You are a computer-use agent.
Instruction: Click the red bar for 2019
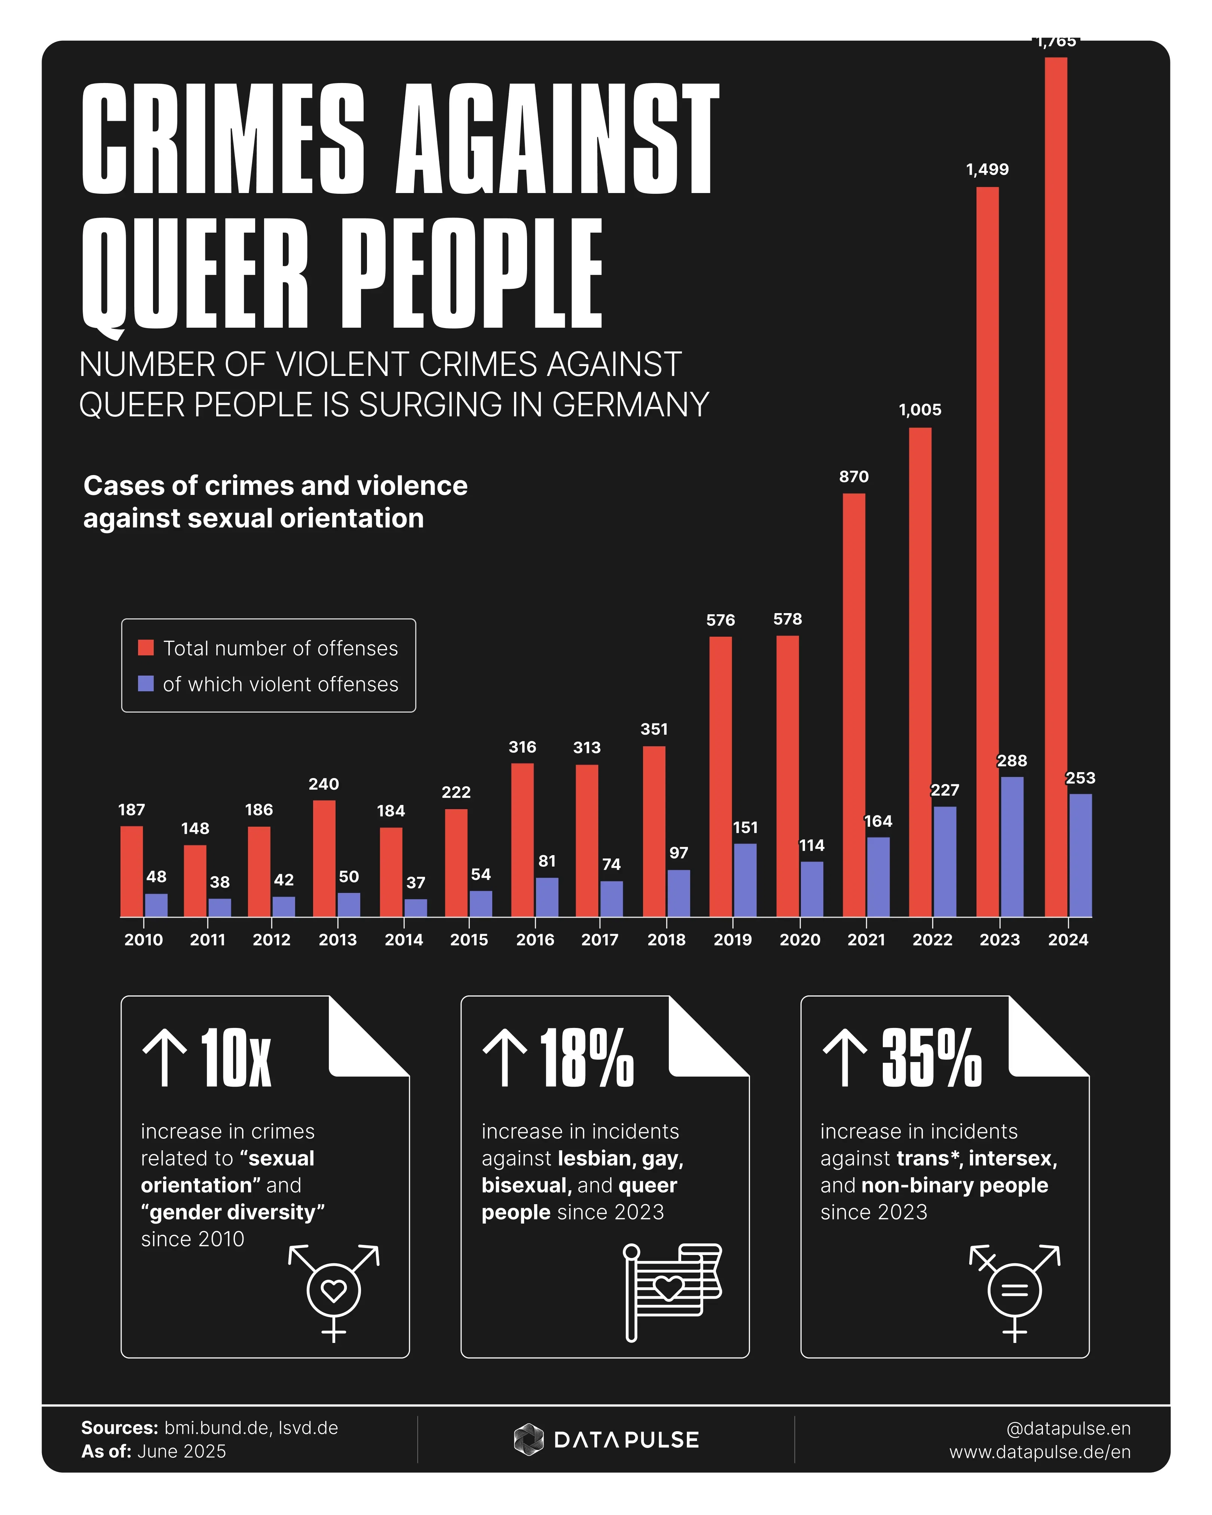pyautogui.click(x=720, y=777)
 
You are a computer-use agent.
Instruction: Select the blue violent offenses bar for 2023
pyautogui.click(x=1012, y=847)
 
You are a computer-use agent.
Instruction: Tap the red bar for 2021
pyautogui.click(x=854, y=705)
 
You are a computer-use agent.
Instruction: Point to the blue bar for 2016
pyautogui.click(x=547, y=897)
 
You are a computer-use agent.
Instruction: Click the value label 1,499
pyautogui.click(x=987, y=169)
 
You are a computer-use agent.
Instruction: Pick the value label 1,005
pyautogui.click(x=920, y=410)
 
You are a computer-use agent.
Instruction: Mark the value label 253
pyautogui.click(x=1080, y=778)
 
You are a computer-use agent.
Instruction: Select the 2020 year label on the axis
pyautogui.click(x=799, y=940)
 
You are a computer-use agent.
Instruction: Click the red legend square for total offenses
pyautogui.click(x=146, y=648)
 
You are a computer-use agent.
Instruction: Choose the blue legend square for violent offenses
pyautogui.click(x=146, y=684)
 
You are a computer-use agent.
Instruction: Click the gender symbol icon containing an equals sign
pyautogui.click(x=1014, y=1292)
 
